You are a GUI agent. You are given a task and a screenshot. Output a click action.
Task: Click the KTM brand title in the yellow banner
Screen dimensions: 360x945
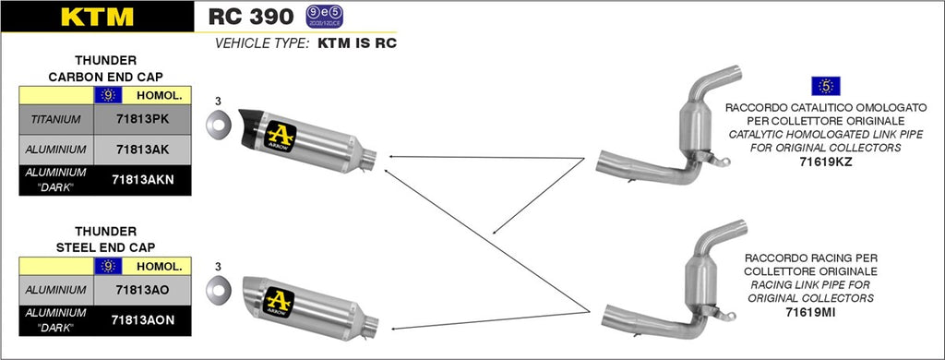tap(96, 17)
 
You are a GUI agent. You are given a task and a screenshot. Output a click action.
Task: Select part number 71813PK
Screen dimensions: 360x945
tap(143, 119)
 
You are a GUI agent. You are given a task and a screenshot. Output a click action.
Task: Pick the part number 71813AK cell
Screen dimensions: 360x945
tap(143, 149)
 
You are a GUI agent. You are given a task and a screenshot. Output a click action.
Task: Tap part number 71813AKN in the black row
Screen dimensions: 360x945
tap(143, 179)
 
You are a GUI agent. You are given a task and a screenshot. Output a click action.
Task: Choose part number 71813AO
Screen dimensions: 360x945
tap(143, 290)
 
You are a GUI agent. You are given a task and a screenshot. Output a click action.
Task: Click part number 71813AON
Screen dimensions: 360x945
tap(143, 319)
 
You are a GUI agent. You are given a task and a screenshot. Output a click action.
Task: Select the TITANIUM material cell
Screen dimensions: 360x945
tap(55, 119)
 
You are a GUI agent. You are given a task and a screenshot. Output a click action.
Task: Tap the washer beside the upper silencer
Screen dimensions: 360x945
tap(218, 122)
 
